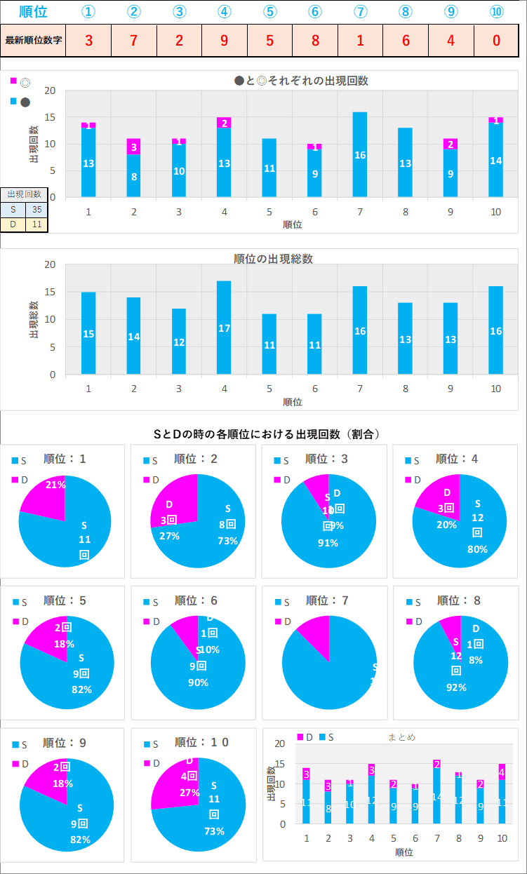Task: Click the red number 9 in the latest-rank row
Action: [224, 40]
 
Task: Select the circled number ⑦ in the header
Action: [360, 12]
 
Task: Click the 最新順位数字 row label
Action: [34, 40]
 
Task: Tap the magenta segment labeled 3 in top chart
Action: [133, 147]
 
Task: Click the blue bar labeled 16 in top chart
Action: [360, 154]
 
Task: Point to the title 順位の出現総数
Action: [273, 259]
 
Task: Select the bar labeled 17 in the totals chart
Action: [224, 328]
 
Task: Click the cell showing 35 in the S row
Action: [36, 208]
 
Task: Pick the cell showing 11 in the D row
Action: [36, 224]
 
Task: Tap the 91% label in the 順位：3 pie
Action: [328, 543]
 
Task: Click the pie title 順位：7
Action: [328, 600]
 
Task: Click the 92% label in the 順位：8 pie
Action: [457, 687]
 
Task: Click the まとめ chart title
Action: [401, 737]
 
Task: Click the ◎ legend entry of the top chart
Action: [20, 82]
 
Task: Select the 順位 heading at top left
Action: [33, 12]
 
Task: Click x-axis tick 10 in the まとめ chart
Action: [502, 838]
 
